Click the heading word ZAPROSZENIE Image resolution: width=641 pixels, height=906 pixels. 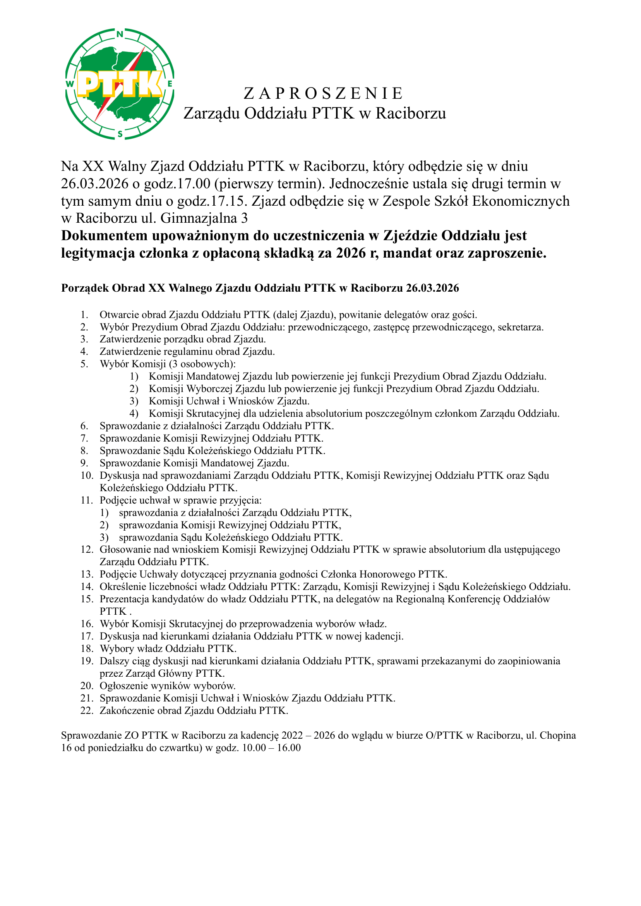point(323,94)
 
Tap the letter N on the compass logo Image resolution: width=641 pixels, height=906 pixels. point(120,34)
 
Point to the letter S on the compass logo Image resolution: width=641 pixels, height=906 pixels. point(120,134)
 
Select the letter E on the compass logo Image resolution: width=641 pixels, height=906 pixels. point(170,84)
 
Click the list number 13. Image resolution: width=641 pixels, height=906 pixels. point(86,574)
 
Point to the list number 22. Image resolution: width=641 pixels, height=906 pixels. point(86,710)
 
